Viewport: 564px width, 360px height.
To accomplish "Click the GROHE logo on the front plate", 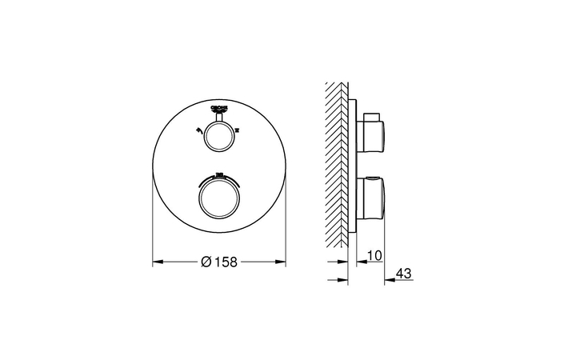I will [x=218, y=107].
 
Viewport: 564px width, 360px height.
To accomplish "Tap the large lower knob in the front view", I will [x=218, y=195].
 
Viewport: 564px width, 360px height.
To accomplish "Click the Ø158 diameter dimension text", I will [x=220, y=261].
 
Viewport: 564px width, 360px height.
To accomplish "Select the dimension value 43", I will [x=403, y=274].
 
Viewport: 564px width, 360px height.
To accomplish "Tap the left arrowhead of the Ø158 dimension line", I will [x=156, y=261].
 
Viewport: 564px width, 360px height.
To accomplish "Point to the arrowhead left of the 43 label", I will [x=388, y=280].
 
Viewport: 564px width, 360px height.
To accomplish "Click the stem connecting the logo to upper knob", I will [x=218, y=117].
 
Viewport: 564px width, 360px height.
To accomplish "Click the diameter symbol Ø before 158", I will [x=206, y=261].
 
